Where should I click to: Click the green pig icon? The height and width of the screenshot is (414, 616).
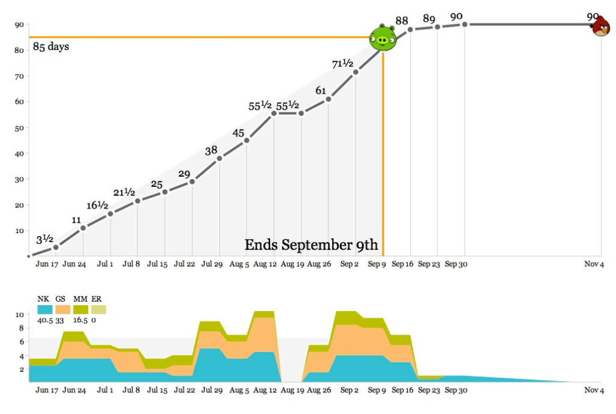[383, 38]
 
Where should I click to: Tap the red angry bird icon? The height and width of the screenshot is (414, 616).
[601, 26]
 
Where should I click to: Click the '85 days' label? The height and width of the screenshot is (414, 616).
[51, 46]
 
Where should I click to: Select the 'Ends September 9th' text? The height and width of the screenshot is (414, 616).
[311, 245]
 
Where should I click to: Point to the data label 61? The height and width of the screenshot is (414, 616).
[321, 91]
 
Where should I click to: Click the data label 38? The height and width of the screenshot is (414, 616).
[211, 151]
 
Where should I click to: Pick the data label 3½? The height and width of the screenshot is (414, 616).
[45, 240]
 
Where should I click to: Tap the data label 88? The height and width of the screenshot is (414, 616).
[402, 21]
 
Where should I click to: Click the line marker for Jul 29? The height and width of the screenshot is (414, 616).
[219, 159]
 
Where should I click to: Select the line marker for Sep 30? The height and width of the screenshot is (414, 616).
[464, 24]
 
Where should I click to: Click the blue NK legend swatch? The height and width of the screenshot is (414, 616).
[45, 309]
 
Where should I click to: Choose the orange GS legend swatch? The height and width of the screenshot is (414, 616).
[63, 309]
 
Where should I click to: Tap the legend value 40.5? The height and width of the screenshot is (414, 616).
[45, 320]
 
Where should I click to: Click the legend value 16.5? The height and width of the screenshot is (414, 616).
[80, 320]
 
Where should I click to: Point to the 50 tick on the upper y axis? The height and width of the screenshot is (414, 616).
[19, 127]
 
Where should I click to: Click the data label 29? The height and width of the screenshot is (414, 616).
[184, 174]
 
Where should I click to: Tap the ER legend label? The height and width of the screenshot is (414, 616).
[97, 299]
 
